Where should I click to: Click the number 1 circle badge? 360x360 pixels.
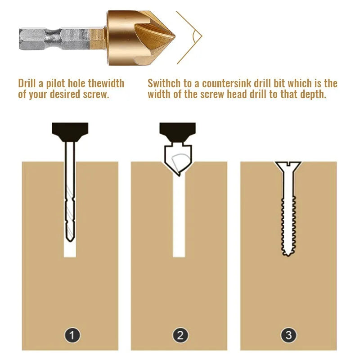point(72,335)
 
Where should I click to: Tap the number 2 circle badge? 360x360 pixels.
point(180,335)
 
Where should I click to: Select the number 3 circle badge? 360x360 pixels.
point(288,335)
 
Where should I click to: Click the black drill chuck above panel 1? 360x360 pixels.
point(70,130)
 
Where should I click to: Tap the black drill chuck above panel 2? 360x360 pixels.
point(178,130)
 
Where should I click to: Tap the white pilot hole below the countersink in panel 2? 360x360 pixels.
point(179,216)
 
